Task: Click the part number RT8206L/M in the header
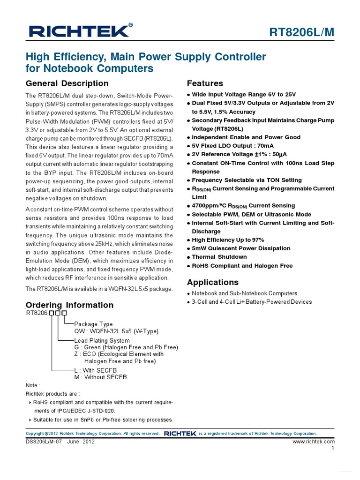pyautogui.click(x=302, y=32)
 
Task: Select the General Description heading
pyautogui.click(x=67, y=83)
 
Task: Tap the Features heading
pyautogui.click(x=205, y=83)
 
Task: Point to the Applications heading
pyautogui.click(x=213, y=282)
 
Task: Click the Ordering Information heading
pyautogui.click(x=69, y=305)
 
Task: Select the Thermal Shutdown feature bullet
pyautogui.click(x=219, y=257)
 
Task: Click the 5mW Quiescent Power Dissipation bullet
pyautogui.click(x=241, y=248)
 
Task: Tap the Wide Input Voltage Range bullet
pyautogui.click(x=244, y=94)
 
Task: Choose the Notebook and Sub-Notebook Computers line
pyautogui.click(x=244, y=293)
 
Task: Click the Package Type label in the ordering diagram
pyautogui.click(x=93, y=324)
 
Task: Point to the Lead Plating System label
pyautogui.click(x=102, y=340)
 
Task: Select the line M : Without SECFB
pyautogui.click(x=100, y=377)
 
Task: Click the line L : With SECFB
pyautogui.click(x=96, y=370)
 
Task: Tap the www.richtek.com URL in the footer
pyautogui.click(x=313, y=442)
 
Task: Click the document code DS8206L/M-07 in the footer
pyautogui.click(x=44, y=442)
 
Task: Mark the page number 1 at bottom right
pyautogui.click(x=332, y=448)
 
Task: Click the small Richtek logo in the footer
pyautogui.click(x=180, y=434)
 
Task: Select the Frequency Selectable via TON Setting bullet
pyautogui.click(x=247, y=180)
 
